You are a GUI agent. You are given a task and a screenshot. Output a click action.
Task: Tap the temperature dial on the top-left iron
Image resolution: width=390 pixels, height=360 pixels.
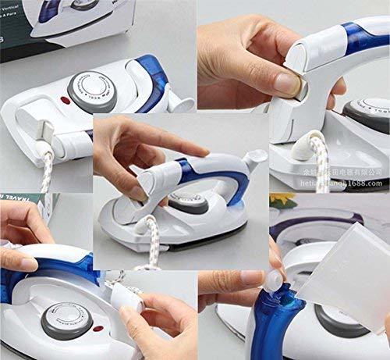(x=90, y=89)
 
